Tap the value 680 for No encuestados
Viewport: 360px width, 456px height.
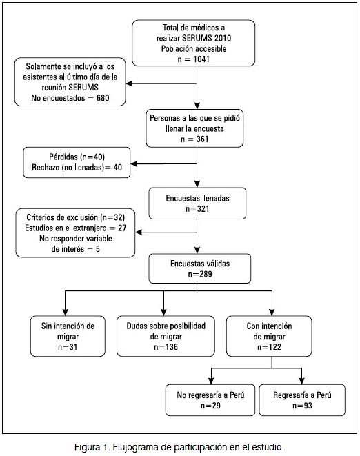103,98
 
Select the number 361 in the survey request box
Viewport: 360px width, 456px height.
202,139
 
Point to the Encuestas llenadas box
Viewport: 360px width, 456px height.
197,204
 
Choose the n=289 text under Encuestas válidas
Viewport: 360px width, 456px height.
200,274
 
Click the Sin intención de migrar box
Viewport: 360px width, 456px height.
68,336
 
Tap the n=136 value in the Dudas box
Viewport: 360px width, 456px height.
166,347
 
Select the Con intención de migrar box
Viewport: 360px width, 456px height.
269,336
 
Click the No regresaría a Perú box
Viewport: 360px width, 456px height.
210,400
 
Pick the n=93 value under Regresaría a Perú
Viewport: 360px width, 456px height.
302,406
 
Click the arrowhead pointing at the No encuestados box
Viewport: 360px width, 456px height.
129,83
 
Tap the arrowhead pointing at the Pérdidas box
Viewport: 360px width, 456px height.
134,163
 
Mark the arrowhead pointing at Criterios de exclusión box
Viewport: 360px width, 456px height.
138,232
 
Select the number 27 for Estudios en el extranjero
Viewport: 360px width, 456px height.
122,228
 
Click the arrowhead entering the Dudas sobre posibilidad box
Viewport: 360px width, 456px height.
163,313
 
